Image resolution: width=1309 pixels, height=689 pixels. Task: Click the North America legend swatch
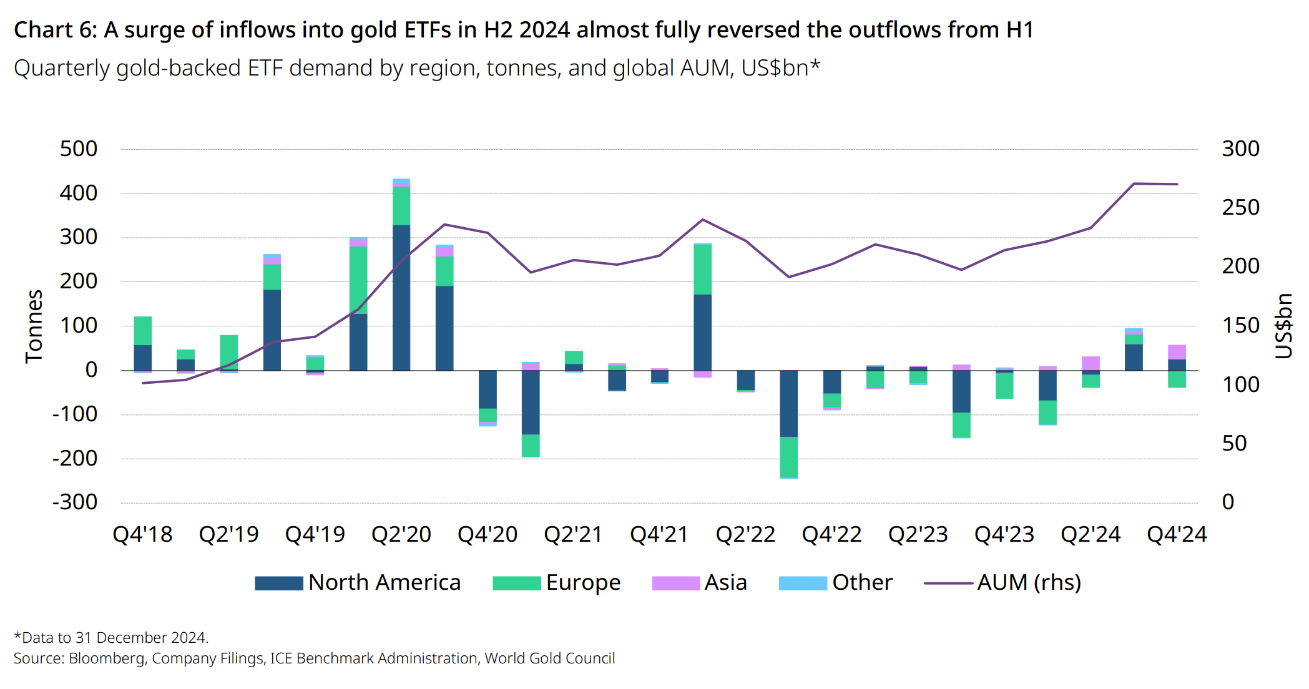(x=278, y=583)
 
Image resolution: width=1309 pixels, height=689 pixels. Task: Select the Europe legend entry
(x=582, y=583)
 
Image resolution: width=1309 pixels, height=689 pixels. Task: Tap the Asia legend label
(x=725, y=583)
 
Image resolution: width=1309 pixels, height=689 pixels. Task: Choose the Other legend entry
(x=861, y=583)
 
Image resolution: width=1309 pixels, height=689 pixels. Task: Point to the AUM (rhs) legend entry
(x=1028, y=583)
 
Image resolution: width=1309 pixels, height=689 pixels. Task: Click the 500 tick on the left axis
(x=79, y=149)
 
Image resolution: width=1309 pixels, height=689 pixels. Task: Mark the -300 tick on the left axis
(x=75, y=502)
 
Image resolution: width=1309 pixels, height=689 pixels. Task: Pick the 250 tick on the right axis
(x=1240, y=208)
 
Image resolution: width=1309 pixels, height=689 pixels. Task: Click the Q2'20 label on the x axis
(x=401, y=535)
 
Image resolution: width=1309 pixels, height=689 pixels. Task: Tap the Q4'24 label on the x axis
(x=1177, y=535)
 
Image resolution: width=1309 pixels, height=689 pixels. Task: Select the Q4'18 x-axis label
(x=142, y=535)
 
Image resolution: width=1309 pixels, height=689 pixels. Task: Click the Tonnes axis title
(x=34, y=326)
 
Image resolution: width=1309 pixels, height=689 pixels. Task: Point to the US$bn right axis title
(x=1283, y=326)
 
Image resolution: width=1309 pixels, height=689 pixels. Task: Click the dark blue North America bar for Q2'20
(x=401, y=298)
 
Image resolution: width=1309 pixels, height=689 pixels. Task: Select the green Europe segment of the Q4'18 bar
(x=143, y=331)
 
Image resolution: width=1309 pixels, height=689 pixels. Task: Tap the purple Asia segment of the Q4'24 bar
(x=1177, y=352)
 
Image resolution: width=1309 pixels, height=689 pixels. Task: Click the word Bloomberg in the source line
(x=106, y=658)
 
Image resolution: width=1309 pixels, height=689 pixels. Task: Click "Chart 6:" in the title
(x=56, y=30)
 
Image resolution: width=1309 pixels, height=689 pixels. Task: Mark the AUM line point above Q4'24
(x=1177, y=184)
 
